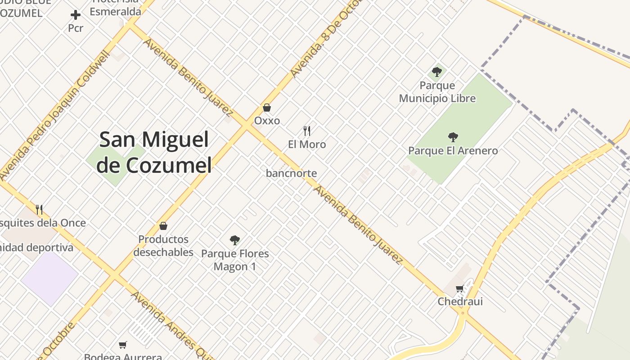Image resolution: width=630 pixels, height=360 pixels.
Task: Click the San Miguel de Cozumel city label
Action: click(154, 152)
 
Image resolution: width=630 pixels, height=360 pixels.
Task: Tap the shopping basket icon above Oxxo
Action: click(267, 108)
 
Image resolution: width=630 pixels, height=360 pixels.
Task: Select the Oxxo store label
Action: click(267, 121)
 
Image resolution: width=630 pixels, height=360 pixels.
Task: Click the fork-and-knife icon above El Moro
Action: click(307, 131)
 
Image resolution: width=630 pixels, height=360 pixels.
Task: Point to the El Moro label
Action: click(307, 144)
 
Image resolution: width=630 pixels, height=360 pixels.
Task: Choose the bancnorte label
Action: click(291, 173)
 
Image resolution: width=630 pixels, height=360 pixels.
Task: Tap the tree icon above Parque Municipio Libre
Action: click(436, 72)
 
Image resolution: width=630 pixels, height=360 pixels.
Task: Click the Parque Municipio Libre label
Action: click(437, 92)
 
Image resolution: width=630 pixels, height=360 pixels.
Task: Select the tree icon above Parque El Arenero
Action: click(453, 137)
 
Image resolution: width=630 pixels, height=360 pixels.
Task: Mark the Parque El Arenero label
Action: click(453, 150)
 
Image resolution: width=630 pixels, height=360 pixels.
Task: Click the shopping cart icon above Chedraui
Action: click(459, 289)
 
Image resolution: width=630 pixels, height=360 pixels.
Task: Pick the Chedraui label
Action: click(460, 301)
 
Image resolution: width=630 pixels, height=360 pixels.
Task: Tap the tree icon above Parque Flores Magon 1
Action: click(234, 240)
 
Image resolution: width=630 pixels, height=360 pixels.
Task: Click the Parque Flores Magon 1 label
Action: click(235, 260)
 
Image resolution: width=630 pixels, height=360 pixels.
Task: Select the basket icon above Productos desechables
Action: click(163, 226)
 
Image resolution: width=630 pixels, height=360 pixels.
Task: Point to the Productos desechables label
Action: click(163, 245)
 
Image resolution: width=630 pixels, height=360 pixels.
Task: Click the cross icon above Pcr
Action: click(76, 15)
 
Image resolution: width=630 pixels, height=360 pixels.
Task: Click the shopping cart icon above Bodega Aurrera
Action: click(122, 345)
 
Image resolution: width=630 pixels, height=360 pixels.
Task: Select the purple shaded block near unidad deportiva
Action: click(49, 278)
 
